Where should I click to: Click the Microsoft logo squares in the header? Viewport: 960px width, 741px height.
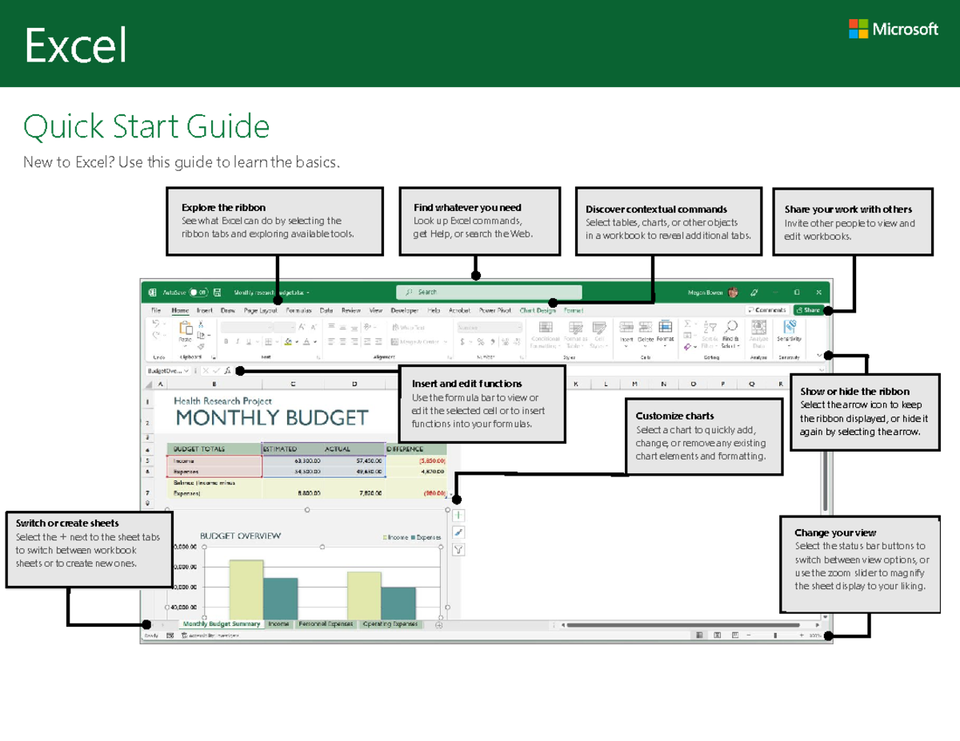858,29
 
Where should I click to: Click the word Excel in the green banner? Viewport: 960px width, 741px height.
76,46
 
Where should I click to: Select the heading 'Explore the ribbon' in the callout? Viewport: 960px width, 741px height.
223,207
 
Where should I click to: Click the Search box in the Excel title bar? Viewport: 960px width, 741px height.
488,293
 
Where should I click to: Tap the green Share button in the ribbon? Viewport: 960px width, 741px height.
808,310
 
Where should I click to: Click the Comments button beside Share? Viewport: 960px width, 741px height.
766,310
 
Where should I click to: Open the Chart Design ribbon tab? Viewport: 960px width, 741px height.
537,310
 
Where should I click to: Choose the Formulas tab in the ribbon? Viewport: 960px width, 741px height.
298,310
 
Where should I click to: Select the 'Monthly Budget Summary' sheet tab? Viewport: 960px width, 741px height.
221,624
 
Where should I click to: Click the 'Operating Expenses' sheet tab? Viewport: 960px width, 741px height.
390,624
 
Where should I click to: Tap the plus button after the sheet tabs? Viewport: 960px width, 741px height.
438,625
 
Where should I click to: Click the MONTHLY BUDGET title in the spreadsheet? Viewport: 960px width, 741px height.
272,417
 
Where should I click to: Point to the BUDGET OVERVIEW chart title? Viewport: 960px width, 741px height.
240,536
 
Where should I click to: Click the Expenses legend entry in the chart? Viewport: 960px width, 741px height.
426,537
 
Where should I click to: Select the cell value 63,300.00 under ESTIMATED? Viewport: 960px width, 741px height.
309,461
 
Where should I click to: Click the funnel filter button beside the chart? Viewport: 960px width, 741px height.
458,549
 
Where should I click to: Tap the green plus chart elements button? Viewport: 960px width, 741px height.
458,516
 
